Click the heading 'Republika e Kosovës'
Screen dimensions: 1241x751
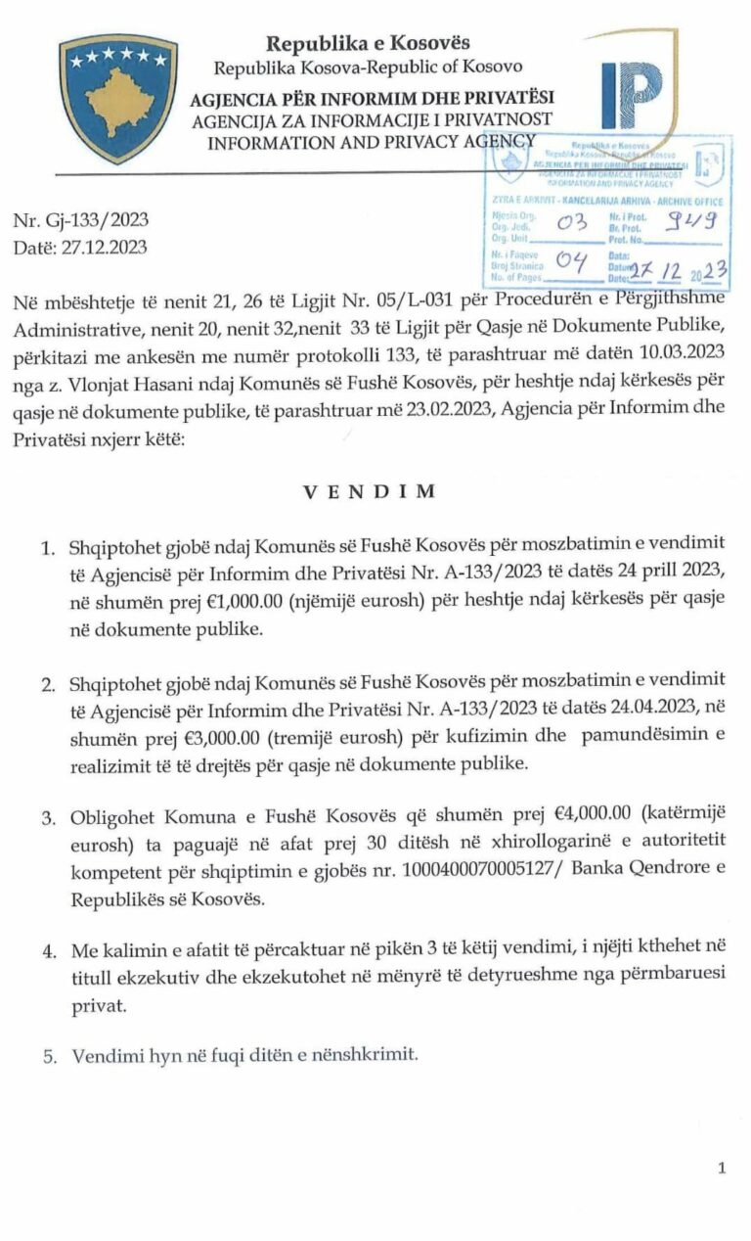click(369, 43)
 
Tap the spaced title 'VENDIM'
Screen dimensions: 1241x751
click(370, 491)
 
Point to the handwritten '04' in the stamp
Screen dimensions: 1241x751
click(569, 260)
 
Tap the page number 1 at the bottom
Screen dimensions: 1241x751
click(722, 1168)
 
